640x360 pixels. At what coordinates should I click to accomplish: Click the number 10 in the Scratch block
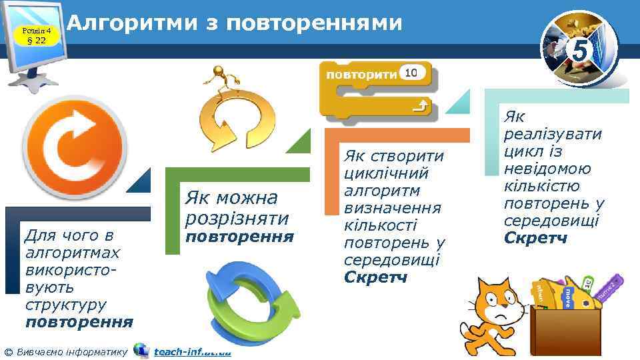[x=411, y=73]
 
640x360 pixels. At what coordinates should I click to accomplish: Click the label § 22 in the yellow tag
[x=36, y=41]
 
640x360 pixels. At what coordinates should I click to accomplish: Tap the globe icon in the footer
[x=141, y=351]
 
